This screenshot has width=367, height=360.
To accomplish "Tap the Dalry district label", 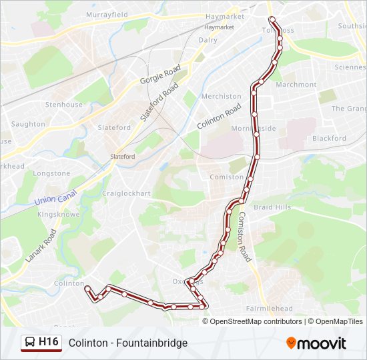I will tap(208, 40).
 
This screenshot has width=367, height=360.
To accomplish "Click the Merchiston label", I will tap(221, 96).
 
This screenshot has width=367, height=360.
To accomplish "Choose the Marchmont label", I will tap(296, 85).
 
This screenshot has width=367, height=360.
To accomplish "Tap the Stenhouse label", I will tap(63, 105).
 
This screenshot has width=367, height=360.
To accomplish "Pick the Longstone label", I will tap(51, 173).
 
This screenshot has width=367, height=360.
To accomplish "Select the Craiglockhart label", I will tap(126, 193).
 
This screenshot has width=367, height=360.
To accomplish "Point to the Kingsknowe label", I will tap(59, 215).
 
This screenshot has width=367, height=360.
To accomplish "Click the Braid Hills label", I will tap(272, 207).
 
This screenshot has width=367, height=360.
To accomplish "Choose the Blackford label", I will tap(329, 139).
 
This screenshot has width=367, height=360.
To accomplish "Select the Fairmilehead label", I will tap(269, 309).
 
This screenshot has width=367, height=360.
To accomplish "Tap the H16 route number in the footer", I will tap(49, 343).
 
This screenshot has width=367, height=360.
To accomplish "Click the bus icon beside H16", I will tap(29, 343).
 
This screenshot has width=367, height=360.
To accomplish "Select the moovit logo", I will tap(316, 343).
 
